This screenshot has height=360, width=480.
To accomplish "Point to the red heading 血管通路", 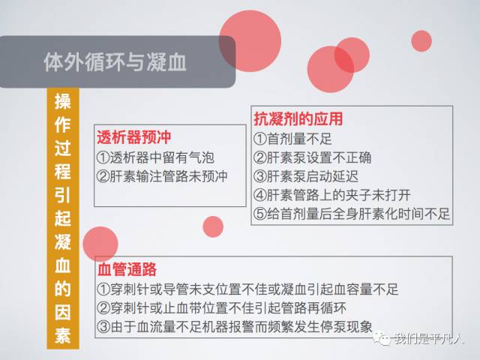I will point(127,269).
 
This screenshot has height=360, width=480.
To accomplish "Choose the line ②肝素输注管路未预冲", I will point(161,177).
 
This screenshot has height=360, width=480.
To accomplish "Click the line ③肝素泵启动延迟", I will point(304,177).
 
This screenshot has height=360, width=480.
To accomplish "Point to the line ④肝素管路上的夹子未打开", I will point(331,196).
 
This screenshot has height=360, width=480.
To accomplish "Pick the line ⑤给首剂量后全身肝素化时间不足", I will point(351,214).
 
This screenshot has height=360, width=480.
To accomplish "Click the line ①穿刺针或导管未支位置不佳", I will point(247,289).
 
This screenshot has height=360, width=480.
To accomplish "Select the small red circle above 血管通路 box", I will point(213,226).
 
